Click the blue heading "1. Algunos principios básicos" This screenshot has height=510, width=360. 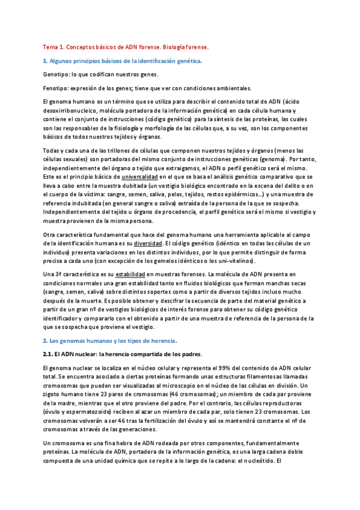[90, 61]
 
